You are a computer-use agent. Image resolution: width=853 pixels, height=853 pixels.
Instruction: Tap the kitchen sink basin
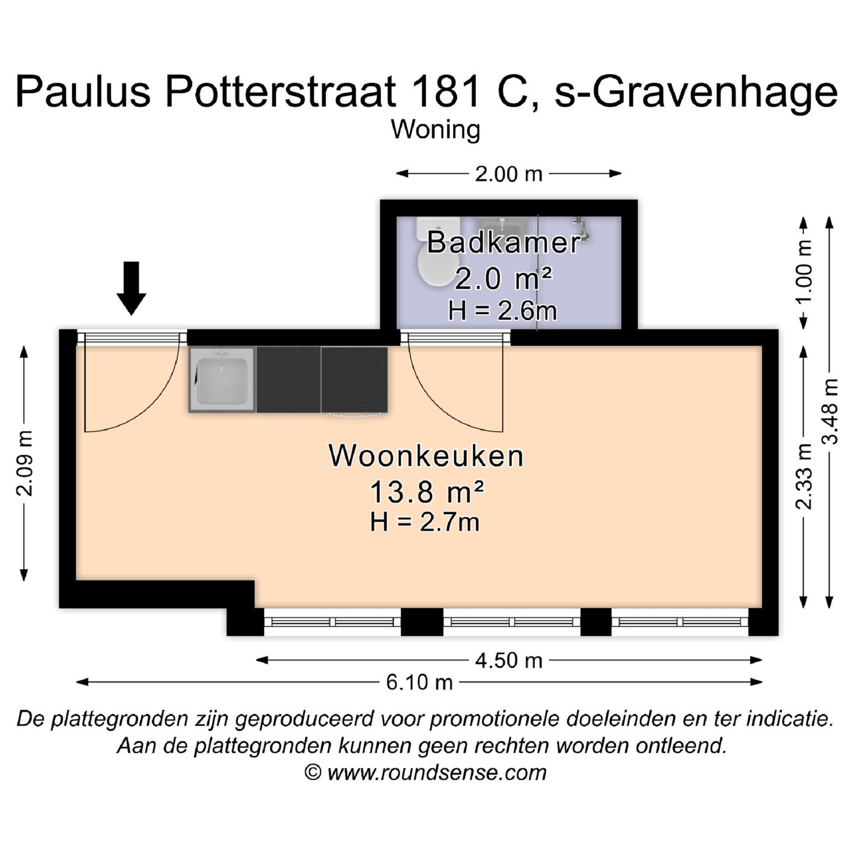click(222, 380)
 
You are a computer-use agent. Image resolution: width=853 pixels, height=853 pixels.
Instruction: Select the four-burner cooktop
click(355, 380)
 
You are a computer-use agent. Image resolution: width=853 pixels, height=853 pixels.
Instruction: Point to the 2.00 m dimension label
click(508, 174)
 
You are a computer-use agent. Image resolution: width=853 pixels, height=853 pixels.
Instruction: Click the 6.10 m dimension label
click(419, 682)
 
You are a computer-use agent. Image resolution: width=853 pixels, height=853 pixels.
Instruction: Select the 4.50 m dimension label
click(508, 660)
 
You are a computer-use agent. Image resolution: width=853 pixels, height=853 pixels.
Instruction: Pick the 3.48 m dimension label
click(830, 411)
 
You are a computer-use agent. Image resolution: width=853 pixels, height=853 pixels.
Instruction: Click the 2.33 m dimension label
click(804, 476)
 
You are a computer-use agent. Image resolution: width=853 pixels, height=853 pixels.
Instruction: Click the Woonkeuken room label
click(426, 456)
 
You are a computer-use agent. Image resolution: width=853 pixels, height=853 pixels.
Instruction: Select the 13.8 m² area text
click(426, 492)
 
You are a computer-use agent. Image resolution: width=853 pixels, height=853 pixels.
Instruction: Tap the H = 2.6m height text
click(502, 310)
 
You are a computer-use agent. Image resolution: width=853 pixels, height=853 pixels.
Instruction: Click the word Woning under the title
click(435, 130)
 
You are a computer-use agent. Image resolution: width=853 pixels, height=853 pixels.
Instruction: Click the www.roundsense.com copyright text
click(425, 772)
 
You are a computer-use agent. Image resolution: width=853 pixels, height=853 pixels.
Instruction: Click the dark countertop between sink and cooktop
click(288, 380)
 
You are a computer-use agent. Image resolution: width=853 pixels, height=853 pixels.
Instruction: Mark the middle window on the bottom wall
click(512, 622)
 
